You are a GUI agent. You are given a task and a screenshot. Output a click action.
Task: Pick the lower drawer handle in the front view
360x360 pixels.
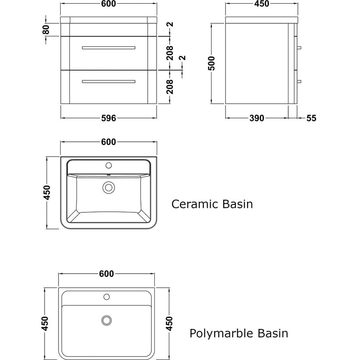click(108, 81)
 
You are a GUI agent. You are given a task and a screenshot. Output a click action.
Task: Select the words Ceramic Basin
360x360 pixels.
click(212, 204)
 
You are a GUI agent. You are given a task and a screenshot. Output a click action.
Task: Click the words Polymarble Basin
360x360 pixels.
click(238, 333)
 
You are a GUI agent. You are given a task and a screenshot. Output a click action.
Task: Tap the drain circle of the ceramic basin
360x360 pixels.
click(108, 187)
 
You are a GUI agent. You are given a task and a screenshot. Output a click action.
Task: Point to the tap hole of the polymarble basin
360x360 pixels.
click(107, 297)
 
